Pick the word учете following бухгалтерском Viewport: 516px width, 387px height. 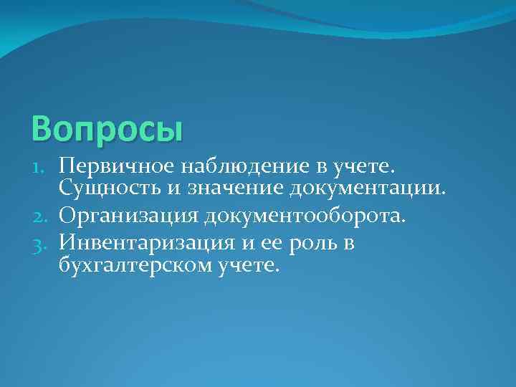pos(247,267)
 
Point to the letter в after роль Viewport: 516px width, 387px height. pos(349,244)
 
